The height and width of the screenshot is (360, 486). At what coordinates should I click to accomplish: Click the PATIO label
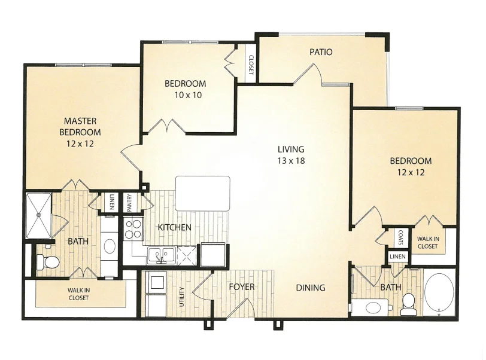pos(321,52)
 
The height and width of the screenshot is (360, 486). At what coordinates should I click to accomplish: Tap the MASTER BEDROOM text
pos(80,126)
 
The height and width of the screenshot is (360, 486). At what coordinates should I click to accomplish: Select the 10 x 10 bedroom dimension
pos(188,95)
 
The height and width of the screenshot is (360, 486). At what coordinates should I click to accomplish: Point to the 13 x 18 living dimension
pos(291,161)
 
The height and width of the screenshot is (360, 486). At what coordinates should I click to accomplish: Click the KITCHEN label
pos(175,227)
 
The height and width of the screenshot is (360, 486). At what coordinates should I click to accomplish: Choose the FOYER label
pos(242,287)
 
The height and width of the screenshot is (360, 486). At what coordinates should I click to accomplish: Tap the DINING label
pos(311,288)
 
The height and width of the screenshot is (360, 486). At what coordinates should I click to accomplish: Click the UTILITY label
pos(182,297)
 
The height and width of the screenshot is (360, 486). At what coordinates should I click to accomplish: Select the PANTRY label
pos(129,203)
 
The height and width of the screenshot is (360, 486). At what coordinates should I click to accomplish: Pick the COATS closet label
pos(400,237)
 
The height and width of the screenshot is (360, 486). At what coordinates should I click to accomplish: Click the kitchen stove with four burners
pos(133,229)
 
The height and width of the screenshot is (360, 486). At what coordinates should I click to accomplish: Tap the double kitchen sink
pos(161,255)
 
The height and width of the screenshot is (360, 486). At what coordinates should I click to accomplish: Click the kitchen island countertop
pos(203,194)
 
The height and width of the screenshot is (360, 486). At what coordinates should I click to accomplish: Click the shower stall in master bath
pos(38,215)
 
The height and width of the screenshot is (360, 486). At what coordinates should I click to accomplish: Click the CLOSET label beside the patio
pos(251,65)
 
